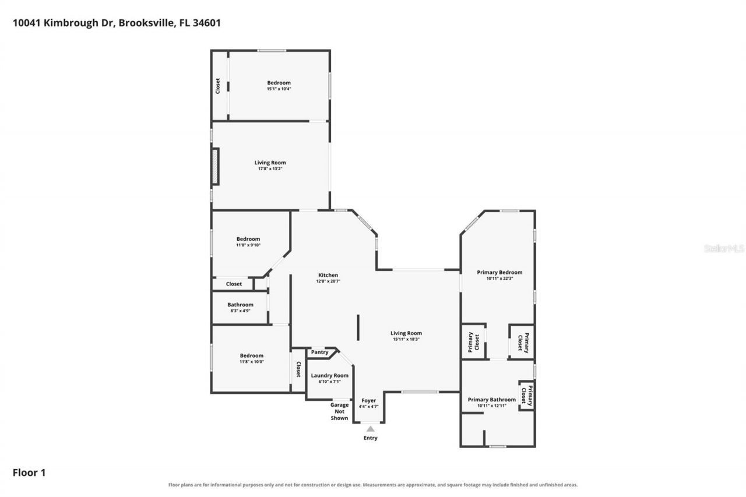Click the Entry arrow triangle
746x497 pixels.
(x=370, y=429)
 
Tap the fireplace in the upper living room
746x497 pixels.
(x=216, y=166)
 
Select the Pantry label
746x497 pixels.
(x=320, y=352)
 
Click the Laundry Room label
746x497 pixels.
(x=330, y=375)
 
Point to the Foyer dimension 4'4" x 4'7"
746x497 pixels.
(x=369, y=407)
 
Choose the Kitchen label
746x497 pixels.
(x=328, y=275)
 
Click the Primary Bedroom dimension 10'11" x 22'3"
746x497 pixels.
(x=499, y=279)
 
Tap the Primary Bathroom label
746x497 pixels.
(x=492, y=400)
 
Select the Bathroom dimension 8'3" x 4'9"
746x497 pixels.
(x=241, y=311)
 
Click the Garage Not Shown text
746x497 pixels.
(x=339, y=411)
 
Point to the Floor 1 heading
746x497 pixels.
(x=29, y=473)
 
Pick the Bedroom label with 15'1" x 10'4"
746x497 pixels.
(x=279, y=83)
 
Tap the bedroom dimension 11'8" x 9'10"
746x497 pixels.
(x=248, y=245)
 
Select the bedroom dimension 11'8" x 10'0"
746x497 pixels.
(x=251, y=362)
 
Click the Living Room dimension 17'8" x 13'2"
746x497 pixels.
(x=270, y=169)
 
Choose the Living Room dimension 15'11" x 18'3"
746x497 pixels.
(x=406, y=339)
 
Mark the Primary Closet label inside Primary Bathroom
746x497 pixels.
(x=527, y=396)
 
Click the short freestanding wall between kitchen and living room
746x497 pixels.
(x=358, y=327)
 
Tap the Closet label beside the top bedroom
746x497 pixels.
(x=217, y=86)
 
